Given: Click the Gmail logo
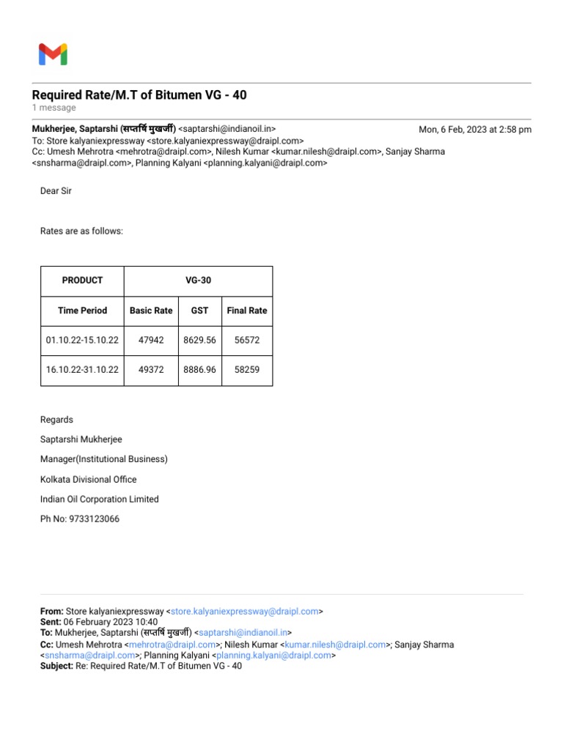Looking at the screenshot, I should click(x=53, y=54).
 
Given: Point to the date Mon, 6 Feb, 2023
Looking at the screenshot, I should click(x=475, y=130).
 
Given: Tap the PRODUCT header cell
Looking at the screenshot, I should click(x=82, y=281).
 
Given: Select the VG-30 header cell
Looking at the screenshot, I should click(x=199, y=281).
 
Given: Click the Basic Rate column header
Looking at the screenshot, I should click(x=151, y=311).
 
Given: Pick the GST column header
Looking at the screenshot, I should click(x=199, y=311).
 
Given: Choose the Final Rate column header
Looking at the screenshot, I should click(x=247, y=311).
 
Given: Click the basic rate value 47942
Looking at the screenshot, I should click(x=151, y=341).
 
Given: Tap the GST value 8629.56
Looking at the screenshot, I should click(x=199, y=341).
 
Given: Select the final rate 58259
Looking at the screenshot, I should click(x=247, y=371).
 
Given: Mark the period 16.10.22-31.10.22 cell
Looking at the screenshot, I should click(x=82, y=371).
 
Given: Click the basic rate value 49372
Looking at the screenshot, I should click(x=151, y=371).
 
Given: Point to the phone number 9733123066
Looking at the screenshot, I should click(x=94, y=519).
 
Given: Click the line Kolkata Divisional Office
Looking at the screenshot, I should click(x=88, y=480).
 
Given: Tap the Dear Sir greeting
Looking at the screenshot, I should click(x=56, y=191).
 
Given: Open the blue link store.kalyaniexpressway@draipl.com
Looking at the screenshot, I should click(x=245, y=611).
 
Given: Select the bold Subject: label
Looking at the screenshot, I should click(x=56, y=667).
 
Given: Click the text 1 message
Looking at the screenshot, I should click(x=54, y=108).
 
